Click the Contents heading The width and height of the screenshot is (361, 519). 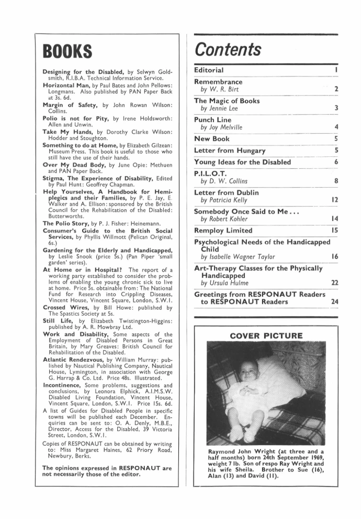(228, 49)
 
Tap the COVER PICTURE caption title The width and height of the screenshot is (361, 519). (266, 336)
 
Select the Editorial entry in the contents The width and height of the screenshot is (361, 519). (209, 70)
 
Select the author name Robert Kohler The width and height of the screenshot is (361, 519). (222, 219)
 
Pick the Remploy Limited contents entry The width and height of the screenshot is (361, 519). (223, 230)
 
